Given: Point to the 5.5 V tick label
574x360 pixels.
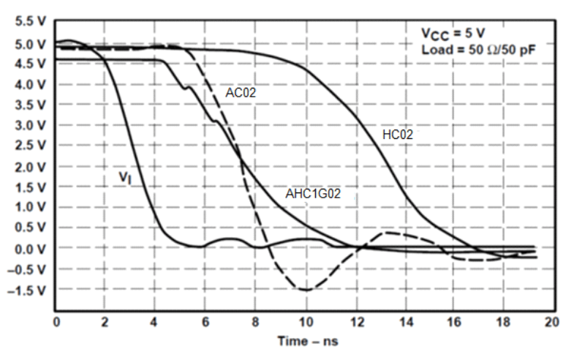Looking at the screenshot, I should tap(29, 23).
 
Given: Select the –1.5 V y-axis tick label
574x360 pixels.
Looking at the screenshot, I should tap(27, 290).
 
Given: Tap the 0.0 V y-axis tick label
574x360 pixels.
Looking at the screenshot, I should tap(29, 249).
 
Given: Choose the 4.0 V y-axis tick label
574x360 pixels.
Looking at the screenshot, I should tap(29, 84).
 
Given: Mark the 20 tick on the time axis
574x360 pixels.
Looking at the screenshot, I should tap(551, 321).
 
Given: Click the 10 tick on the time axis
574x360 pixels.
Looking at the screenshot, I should tap(305, 321).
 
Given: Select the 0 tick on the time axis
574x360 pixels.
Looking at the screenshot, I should tap(56, 321).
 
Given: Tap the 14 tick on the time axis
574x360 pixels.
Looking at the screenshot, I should tap(404, 321).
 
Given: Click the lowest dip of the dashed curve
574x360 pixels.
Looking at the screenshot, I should tap(305, 290).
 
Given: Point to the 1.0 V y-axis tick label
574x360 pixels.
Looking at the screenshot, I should tap(29, 207).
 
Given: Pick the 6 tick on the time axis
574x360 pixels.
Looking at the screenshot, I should tap(205, 321).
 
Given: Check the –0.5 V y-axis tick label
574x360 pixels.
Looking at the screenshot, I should tap(27, 269).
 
